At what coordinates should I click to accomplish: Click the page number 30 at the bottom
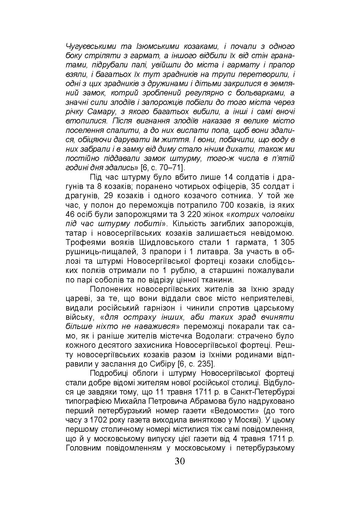click(180, 461)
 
